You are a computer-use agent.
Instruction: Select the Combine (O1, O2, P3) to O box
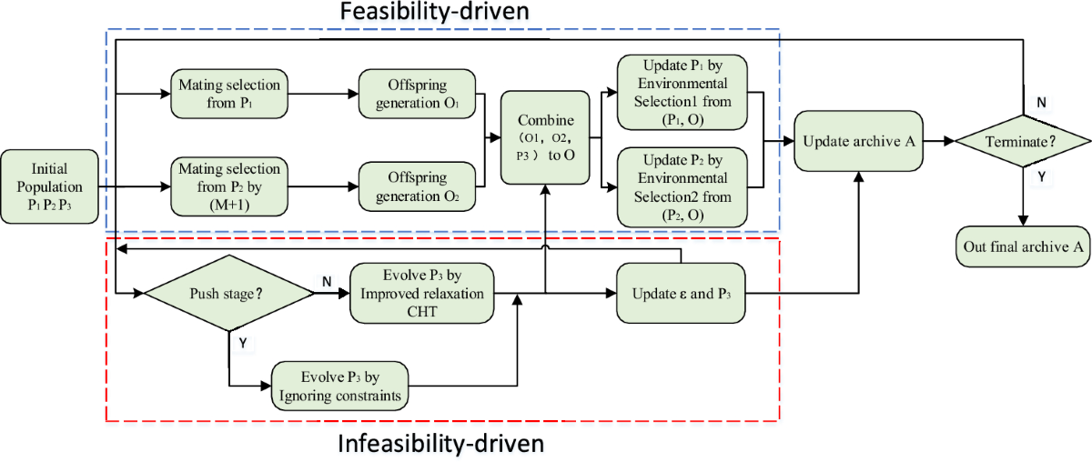[x=544, y=138]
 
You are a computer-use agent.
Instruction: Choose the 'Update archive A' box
[x=858, y=141]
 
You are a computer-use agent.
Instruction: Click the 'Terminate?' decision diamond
[x=1023, y=141]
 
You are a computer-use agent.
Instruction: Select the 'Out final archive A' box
[x=1023, y=246]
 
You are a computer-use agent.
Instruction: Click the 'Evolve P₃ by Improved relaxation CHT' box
[x=421, y=293]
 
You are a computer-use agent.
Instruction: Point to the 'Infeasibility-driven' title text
[x=440, y=445]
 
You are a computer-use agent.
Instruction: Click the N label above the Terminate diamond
[x=1040, y=103]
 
